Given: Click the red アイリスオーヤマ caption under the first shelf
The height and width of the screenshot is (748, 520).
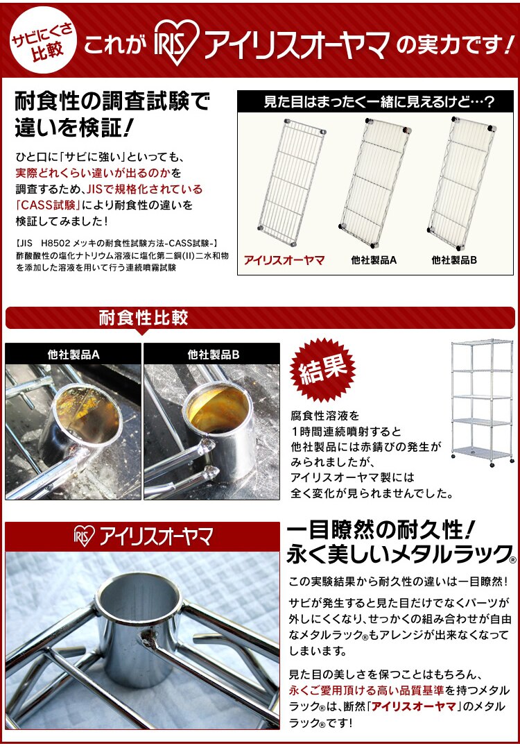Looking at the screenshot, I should [284, 261].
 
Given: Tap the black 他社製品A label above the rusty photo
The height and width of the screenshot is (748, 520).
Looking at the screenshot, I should [73, 355].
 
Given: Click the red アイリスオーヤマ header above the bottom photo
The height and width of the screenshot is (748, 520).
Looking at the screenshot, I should [144, 536].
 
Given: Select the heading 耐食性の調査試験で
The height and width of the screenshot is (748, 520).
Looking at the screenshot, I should [112, 103].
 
